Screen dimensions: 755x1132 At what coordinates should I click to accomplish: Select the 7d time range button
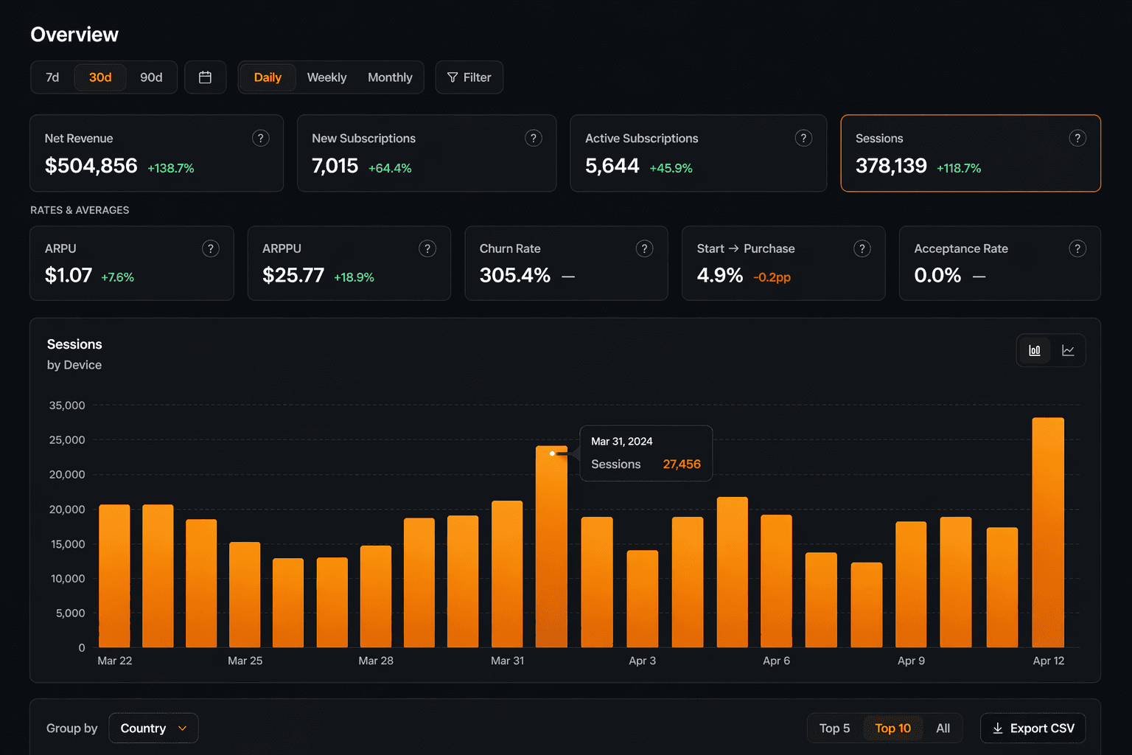(52, 77)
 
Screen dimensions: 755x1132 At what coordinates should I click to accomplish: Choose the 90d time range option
(151, 77)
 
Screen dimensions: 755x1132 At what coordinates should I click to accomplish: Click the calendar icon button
(205, 77)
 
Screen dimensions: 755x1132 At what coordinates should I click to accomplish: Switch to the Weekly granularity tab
(326, 77)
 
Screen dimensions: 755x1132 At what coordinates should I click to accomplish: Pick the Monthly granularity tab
(390, 77)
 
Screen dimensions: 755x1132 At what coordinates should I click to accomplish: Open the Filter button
(469, 77)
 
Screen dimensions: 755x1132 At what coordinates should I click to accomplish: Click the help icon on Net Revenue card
(260, 138)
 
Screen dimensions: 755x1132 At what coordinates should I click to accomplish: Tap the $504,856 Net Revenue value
(91, 166)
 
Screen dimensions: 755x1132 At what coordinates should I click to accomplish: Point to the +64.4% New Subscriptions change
(390, 168)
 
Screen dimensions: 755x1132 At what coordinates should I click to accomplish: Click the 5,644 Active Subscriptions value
(612, 166)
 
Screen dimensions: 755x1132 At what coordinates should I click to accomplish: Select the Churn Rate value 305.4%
(515, 276)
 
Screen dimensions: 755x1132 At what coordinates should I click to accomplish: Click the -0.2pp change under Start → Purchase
(772, 277)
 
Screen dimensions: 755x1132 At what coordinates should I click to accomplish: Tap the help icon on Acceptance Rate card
(1077, 248)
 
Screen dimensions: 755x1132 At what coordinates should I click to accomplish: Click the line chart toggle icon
(1068, 350)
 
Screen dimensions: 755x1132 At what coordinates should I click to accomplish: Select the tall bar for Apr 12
(1048, 531)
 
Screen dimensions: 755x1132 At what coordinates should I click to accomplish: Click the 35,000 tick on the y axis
(67, 406)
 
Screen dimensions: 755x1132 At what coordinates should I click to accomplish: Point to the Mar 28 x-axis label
(376, 661)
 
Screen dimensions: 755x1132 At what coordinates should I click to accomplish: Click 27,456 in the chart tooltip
(682, 465)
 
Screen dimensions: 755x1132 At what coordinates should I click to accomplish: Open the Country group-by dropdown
(153, 728)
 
